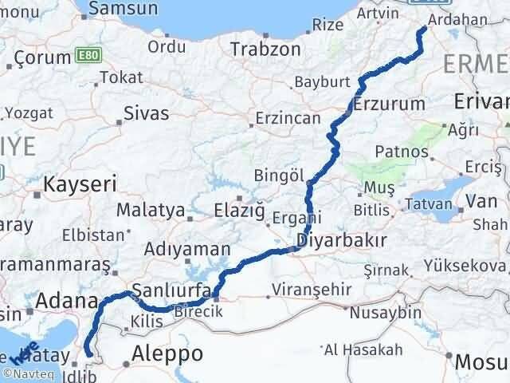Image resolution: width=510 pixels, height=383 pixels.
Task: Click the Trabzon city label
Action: [x=265, y=49]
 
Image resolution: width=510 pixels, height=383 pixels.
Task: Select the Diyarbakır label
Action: [x=342, y=240]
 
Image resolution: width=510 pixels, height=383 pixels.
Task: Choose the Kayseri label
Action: [x=80, y=184]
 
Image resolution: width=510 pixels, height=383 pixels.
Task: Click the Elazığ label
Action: [x=238, y=211]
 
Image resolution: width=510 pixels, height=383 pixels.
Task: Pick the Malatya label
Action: [x=150, y=211]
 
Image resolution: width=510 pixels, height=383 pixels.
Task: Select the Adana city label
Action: [x=65, y=302]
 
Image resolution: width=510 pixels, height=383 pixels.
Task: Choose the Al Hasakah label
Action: [x=363, y=349]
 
